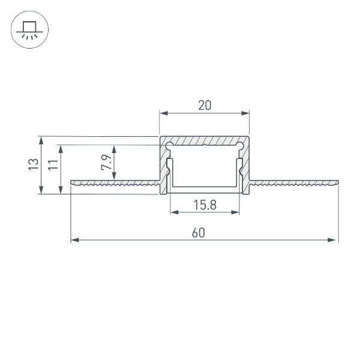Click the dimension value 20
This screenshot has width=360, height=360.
click(204, 106)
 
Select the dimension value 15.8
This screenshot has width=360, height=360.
click(205, 205)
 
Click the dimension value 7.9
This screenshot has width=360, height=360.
click(105, 163)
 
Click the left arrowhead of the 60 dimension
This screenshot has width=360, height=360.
click(74, 240)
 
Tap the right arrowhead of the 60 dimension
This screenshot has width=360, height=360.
click(334, 240)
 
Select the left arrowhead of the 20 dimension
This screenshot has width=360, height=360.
click(163, 112)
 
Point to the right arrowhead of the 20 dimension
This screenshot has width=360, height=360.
click(245, 112)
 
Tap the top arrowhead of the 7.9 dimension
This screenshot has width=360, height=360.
click(114, 148)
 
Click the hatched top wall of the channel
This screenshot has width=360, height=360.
click(204, 140)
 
